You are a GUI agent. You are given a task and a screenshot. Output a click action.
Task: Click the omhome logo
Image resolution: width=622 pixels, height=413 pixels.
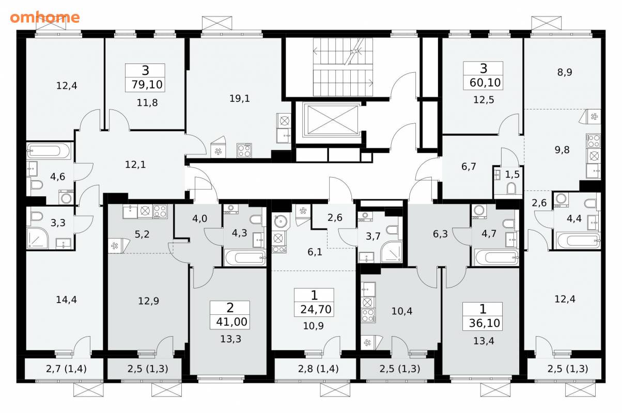tap(45, 18)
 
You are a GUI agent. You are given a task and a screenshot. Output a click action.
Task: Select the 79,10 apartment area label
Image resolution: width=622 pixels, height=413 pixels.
tap(147, 84)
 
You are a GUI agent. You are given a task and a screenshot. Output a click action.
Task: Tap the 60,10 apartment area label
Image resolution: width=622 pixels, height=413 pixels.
tap(485, 83)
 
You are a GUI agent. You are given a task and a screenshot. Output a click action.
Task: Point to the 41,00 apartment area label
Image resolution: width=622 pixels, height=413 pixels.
tap(231, 322)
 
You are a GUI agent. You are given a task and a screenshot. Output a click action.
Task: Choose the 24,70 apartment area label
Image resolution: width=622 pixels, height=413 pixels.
tap(316, 309)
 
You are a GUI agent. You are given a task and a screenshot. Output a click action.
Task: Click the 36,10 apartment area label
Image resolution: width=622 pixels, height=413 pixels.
tap(484, 323)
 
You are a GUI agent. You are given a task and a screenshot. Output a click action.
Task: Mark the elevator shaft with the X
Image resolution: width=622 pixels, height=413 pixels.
tap(331, 120)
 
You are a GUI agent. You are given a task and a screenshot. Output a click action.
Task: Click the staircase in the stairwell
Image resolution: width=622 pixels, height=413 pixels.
tap(343, 67)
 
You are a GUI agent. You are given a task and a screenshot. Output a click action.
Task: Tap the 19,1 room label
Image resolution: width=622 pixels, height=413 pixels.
tap(239, 98)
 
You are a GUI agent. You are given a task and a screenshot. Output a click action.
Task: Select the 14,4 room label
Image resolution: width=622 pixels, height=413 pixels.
tap(66, 299)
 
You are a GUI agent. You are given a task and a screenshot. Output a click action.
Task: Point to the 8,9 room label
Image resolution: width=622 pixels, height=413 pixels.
tap(565, 72)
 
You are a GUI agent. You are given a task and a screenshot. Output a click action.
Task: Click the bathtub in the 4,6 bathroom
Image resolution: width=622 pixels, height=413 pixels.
tap(49, 151)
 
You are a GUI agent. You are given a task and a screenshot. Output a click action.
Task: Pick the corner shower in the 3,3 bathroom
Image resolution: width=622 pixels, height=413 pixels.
tap(38, 239)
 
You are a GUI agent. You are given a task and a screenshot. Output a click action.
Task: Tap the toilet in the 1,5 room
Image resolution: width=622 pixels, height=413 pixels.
tap(511, 188)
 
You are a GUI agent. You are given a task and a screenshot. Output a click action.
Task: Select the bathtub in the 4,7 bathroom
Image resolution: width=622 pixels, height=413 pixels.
tap(496, 258)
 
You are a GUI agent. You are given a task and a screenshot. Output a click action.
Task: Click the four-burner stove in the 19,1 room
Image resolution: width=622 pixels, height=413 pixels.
tap(244, 150)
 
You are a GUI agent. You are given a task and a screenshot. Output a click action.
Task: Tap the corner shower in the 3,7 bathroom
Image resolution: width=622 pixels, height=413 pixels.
tap(392, 252)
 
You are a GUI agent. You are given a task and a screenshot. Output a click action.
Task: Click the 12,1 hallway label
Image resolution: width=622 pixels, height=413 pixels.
tap(135, 165)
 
